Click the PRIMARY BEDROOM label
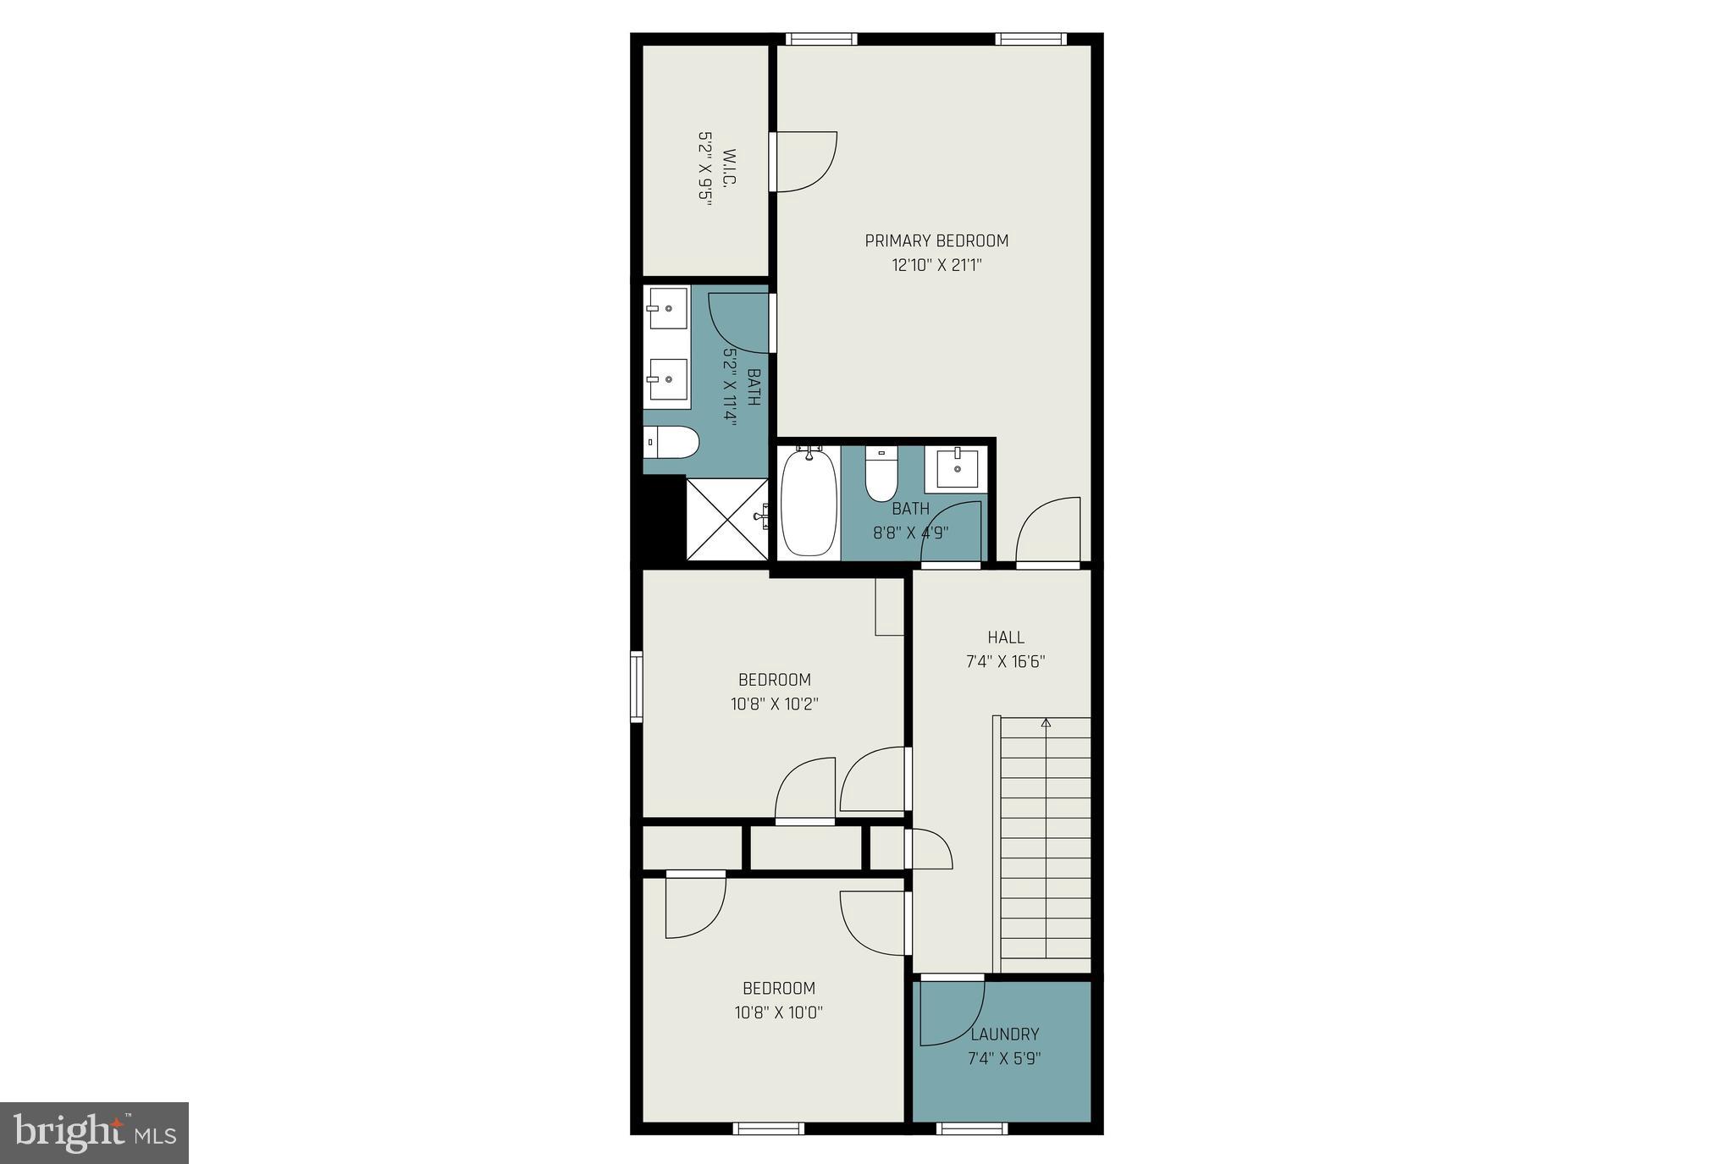(x=936, y=241)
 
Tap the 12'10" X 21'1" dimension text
(x=936, y=266)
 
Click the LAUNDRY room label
(x=1004, y=1034)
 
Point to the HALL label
(x=1006, y=637)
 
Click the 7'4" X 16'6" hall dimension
(x=1006, y=662)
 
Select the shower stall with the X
(x=727, y=519)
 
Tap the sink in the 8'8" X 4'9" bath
(x=957, y=468)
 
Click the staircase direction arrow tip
(x=1046, y=722)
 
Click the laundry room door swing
(x=953, y=1012)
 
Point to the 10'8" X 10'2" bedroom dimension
(x=774, y=704)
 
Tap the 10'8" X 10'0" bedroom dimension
(x=778, y=1012)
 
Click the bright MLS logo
(x=94, y=1133)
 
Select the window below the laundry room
(x=972, y=1128)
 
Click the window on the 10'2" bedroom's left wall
(x=637, y=686)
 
